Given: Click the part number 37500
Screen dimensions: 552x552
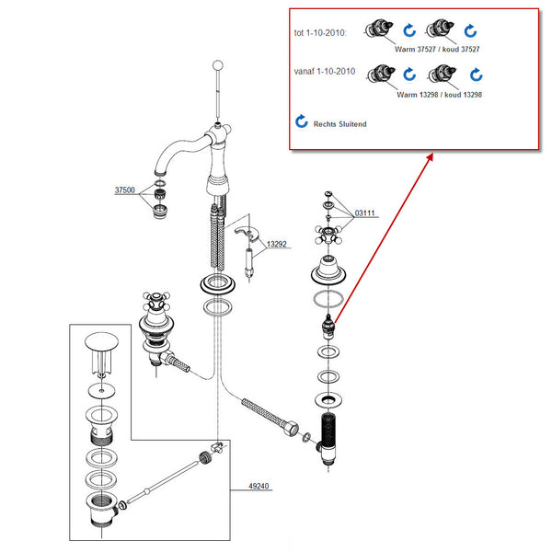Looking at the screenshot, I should point(125,190).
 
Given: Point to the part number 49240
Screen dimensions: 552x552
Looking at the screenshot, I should point(257,488).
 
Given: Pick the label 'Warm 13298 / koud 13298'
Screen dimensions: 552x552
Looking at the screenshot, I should point(440,95).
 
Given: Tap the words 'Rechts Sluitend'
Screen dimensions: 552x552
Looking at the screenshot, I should point(339,123).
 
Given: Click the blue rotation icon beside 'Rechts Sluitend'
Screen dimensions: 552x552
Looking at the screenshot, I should point(302,121).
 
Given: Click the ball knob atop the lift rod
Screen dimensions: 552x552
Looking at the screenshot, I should point(217,65).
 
